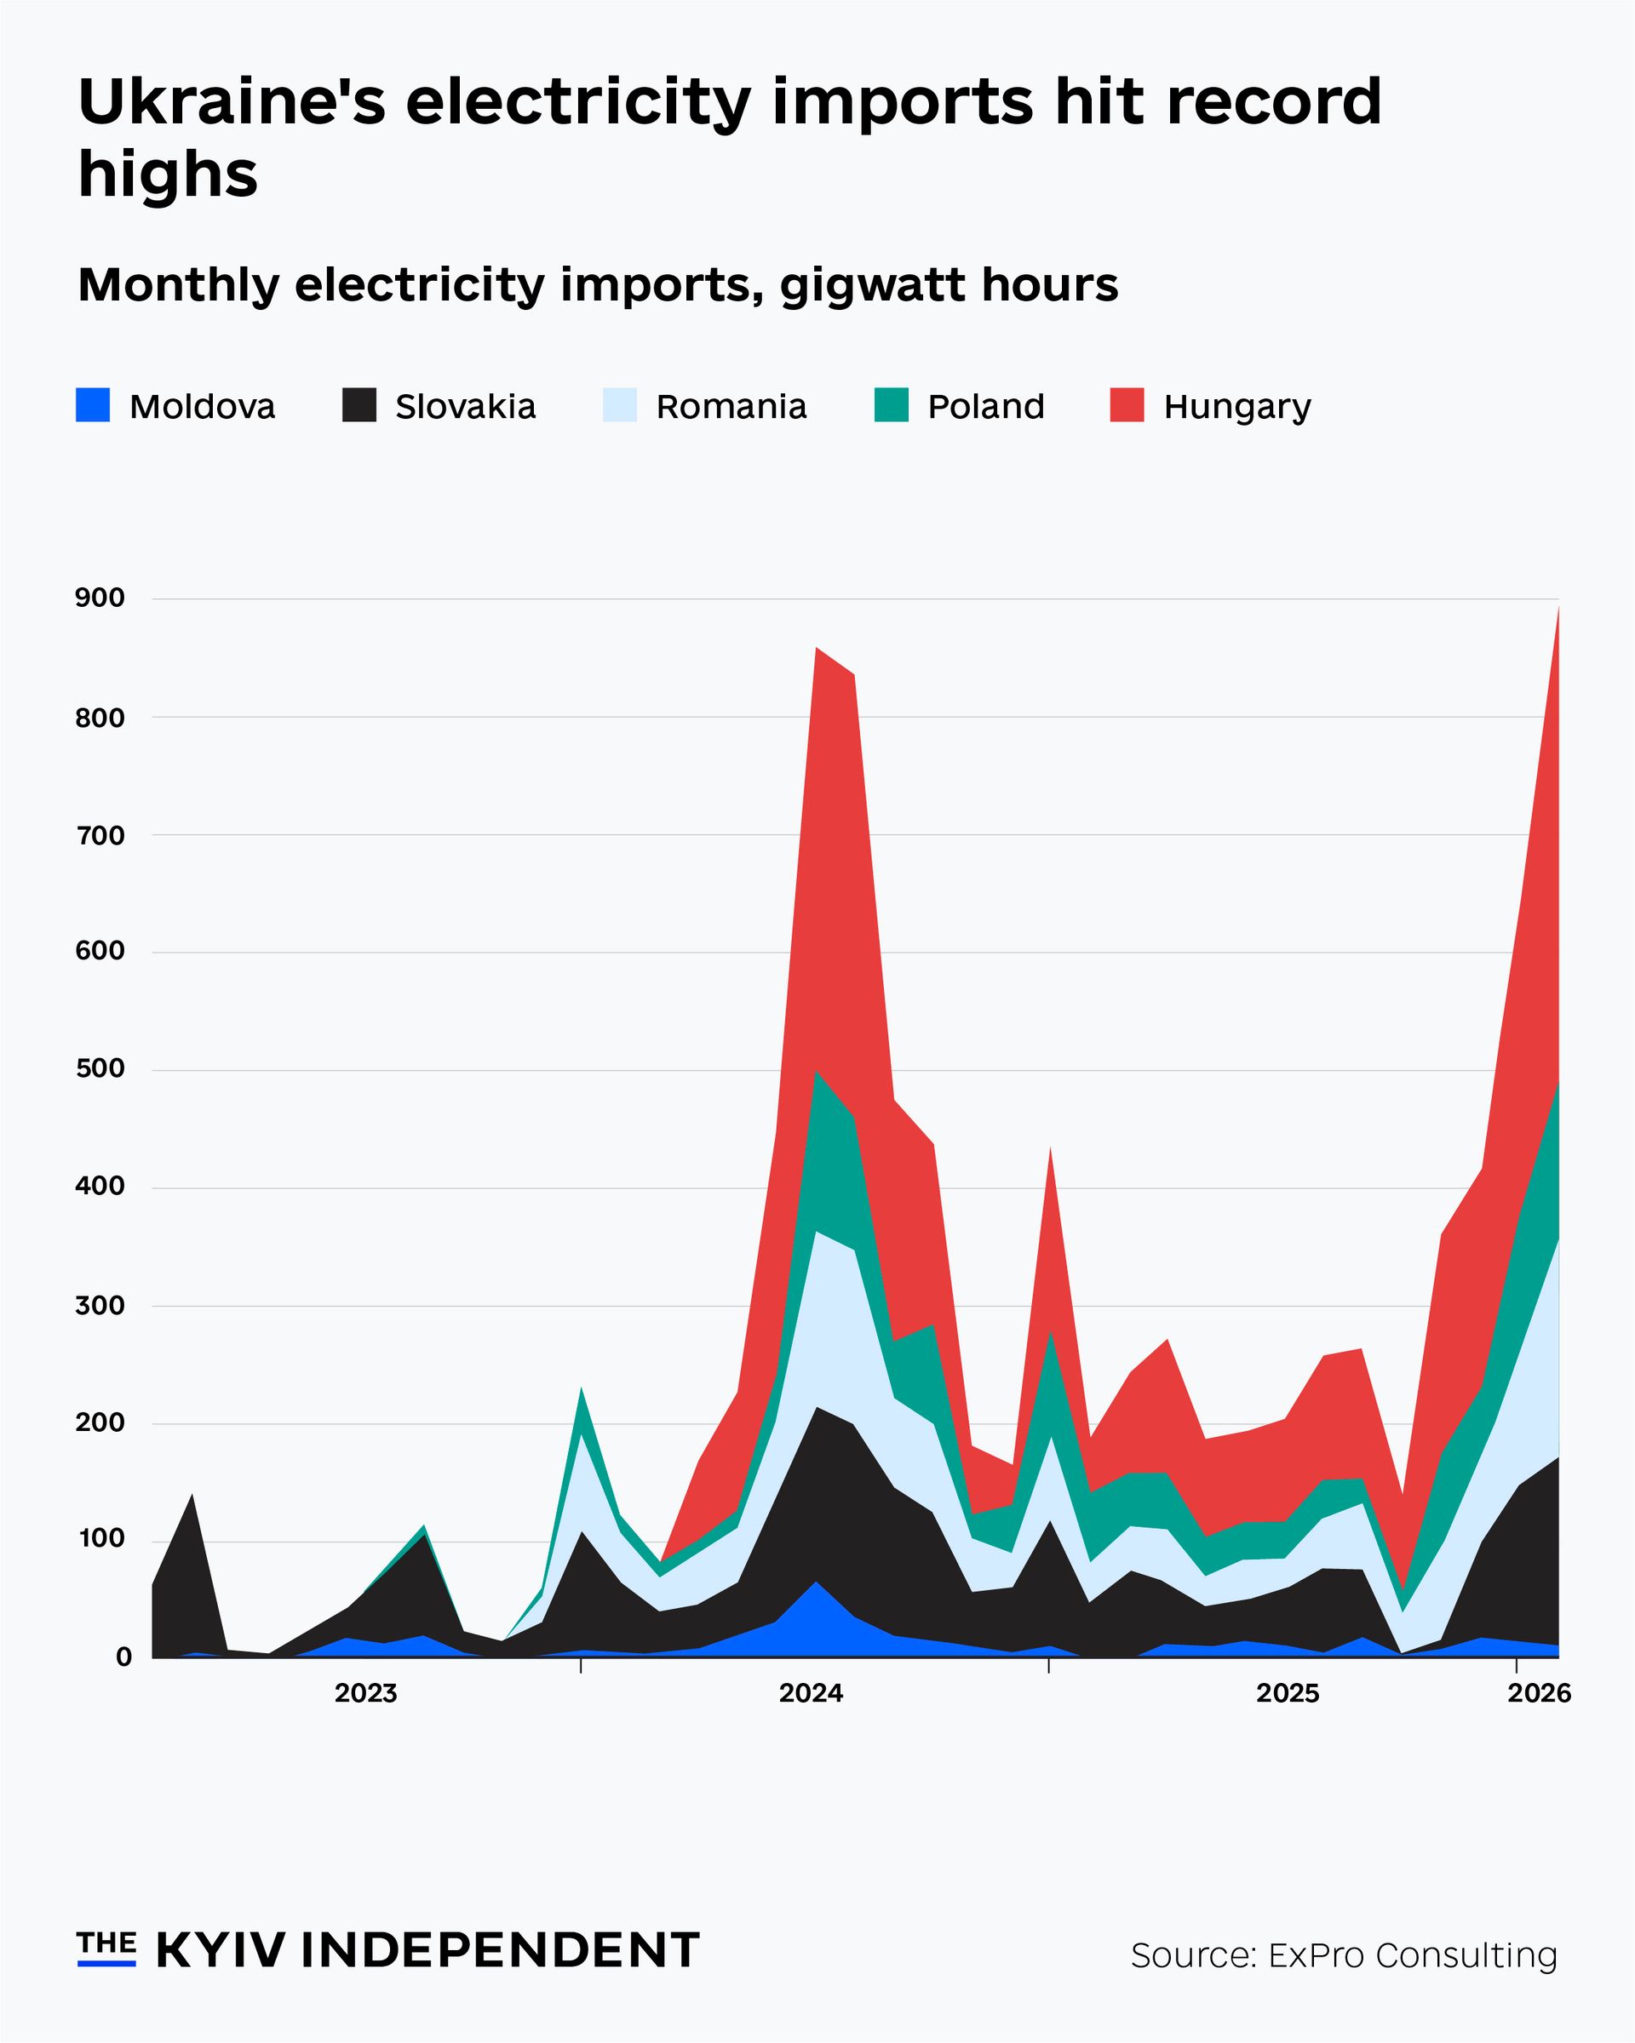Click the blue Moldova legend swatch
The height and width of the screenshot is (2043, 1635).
pyautogui.click(x=93, y=405)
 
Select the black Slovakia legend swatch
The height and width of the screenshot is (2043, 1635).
pyautogui.click(x=359, y=405)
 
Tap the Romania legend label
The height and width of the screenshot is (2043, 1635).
pyautogui.click(x=731, y=407)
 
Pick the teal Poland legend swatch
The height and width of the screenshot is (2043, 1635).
pyautogui.click(x=891, y=405)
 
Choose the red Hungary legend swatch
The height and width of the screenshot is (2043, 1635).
pyautogui.click(x=1127, y=405)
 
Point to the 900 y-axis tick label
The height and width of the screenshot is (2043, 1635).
pyautogui.click(x=100, y=598)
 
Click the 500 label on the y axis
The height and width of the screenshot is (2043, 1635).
pyautogui.click(x=100, y=1068)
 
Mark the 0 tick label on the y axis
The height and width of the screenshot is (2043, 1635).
pyautogui.click(x=123, y=1657)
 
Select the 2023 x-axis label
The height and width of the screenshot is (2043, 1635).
pyautogui.click(x=366, y=1692)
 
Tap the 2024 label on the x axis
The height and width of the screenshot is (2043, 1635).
pyautogui.click(x=811, y=1692)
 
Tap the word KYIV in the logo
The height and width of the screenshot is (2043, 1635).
pyautogui.click(x=220, y=1950)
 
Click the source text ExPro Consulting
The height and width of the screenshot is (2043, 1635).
pyautogui.click(x=1412, y=1954)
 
